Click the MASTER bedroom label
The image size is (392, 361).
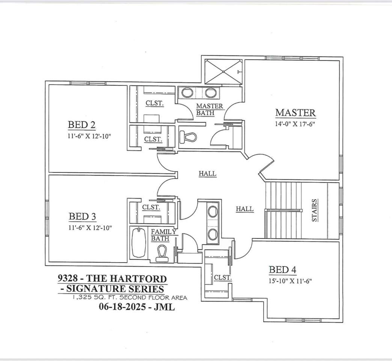pyautogui.click(x=296, y=113)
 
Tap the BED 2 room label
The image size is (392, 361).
pyautogui.click(x=81, y=125)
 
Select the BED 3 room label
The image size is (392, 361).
pyautogui.click(x=82, y=216)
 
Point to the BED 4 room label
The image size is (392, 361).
pyautogui.click(x=282, y=270)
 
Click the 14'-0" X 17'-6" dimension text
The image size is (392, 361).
pyautogui.click(x=295, y=124)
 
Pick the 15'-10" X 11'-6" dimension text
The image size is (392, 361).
pyautogui.click(x=290, y=281)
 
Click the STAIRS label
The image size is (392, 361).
pyautogui.click(x=315, y=210)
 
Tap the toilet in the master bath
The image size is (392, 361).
pyautogui.click(x=188, y=137)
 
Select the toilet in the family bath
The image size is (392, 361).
pyautogui.click(x=161, y=253)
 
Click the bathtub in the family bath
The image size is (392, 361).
pyautogui.click(x=139, y=242)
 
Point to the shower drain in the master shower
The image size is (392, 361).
pyautogui.click(x=223, y=72)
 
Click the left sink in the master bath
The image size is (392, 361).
pyautogui.click(x=187, y=93)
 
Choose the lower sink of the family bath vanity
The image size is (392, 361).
pyautogui.click(x=213, y=234)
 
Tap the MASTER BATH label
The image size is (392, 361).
pyautogui.click(x=210, y=109)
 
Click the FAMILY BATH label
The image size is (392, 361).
pyautogui.click(x=164, y=235)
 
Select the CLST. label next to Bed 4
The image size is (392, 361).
pyautogui.click(x=223, y=278)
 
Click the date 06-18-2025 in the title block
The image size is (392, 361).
pyautogui.click(x=122, y=306)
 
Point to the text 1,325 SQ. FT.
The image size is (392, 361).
pyautogui.click(x=95, y=297)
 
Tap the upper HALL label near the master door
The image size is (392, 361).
pyautogui.click(x=208, y=173)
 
